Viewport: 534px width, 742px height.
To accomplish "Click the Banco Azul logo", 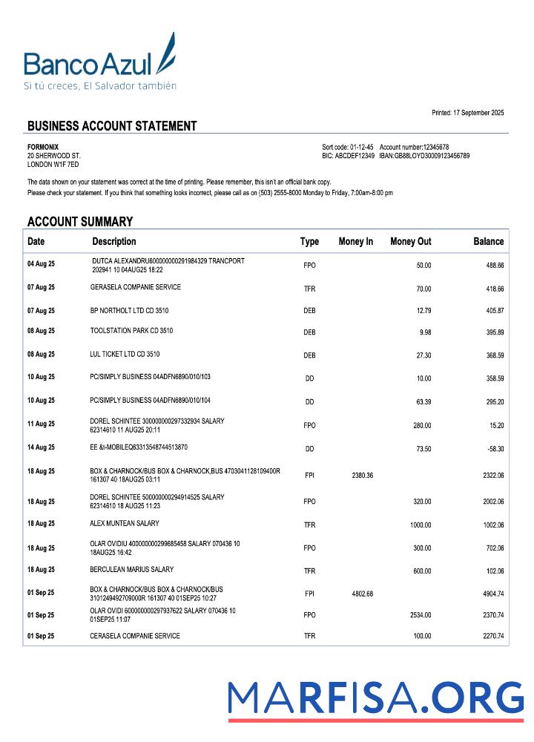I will [x=100, y=63].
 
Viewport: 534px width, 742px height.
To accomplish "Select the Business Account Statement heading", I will [x=112, y=126].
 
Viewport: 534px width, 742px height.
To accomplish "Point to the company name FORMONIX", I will [x=43, y=147].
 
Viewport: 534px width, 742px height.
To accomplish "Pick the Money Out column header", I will [x=410, y=241].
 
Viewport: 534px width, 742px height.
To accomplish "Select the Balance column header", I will [x=488, y=241].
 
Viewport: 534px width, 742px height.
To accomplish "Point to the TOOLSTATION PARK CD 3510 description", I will [x=131, y=331].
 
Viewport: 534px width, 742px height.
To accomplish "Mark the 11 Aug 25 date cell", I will [x=41, y=424].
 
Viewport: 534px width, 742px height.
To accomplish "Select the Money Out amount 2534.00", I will [x=420, y=615].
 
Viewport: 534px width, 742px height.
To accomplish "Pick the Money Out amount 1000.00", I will [x=420, y=525].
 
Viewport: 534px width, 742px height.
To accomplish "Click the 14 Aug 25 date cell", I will [x=41, y=447].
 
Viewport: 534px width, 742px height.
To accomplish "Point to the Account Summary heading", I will [x=80, y=221].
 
